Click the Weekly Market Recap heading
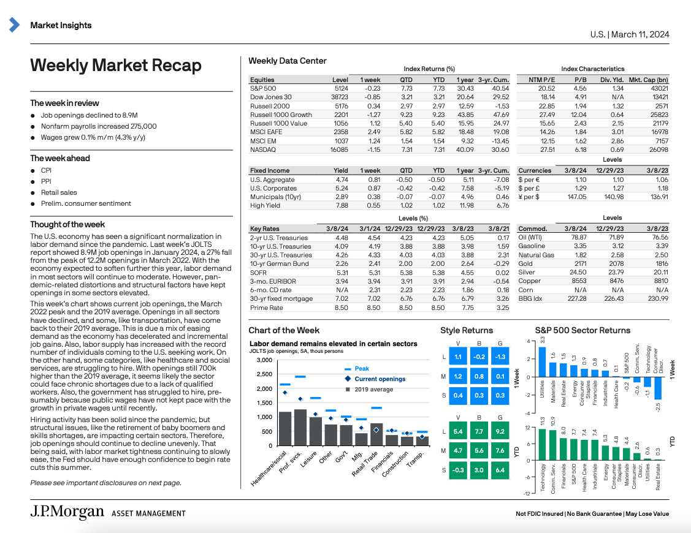pyautogui.click(x=116, y=66)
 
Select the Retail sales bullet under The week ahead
pyautogui.click(x=59, y=192)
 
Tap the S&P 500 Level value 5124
pyautogui.click(x=341, y=89)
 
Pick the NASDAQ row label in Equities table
pyautogui.click(x=263, y=149)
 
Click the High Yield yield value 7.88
pyautogui.click(x=342, y=205)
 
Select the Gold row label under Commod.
pyautogui.click(x=526, y=263)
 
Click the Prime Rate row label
pyautogui.click(x=266, y=308)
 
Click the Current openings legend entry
pyautogui.click(x=380, y=379)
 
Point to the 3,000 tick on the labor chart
pyautogui.click(x=264, y=360)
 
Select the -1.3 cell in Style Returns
pyautogui.click(x=500, y=357)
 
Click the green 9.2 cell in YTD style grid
pyautogui.click(x=500, y=431)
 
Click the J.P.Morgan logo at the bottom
pyautogui.click(x=67, y=513)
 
